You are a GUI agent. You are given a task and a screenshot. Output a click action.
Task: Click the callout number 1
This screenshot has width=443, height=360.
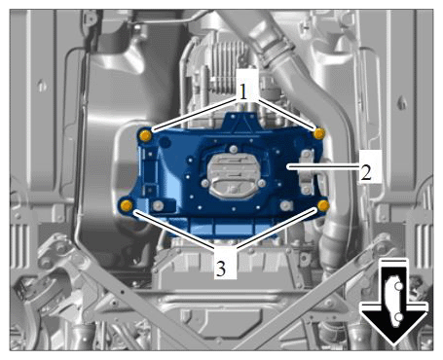point(243,91)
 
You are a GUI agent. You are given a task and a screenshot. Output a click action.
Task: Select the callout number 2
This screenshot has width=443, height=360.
point(366,172)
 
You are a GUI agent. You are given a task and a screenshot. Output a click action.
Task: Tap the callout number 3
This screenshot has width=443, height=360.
point(221,269)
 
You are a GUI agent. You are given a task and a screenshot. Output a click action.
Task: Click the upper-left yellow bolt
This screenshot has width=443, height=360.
point(145,135)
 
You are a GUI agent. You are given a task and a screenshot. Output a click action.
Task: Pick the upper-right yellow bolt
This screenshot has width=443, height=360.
point(319,133)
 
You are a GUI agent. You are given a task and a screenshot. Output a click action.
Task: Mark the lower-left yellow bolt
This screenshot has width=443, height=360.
point(127,205)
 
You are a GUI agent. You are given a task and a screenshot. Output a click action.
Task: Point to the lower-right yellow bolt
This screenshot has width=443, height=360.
point(323,205)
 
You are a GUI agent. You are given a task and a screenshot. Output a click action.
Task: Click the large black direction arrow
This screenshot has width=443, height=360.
point(393,303)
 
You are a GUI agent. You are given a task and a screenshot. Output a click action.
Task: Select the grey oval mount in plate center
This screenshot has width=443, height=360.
point(233,175)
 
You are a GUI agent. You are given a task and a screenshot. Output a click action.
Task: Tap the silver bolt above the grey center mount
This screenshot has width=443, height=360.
point(233,150)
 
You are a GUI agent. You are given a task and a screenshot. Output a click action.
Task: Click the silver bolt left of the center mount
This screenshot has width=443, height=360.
point(205,184)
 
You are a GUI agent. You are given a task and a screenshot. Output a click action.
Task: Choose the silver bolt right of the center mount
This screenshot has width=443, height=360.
point(262,184)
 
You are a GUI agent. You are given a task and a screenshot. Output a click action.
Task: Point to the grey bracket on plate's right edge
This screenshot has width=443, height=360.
point(307,172)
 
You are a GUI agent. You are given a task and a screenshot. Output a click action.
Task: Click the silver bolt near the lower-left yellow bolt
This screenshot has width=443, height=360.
point(159,205)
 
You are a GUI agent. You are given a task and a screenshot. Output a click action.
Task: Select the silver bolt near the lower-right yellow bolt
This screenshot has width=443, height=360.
point(285,205)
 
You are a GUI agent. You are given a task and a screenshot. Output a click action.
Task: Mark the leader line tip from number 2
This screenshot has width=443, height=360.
point(287,166)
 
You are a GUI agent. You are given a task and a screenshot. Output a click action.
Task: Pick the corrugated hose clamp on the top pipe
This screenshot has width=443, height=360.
point(276,50)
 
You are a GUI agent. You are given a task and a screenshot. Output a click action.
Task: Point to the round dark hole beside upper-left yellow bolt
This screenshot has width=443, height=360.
point(166,142)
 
